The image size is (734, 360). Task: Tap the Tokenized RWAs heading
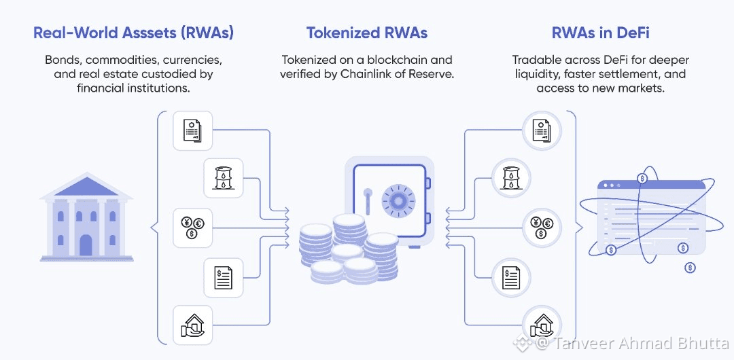(x=366, y=33)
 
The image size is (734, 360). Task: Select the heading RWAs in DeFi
(x=600, y=33)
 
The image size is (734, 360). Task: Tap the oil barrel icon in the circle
(x=510, y=178)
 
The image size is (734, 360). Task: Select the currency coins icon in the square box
(x=193, y=227)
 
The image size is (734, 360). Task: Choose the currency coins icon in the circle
(x=541, y=226)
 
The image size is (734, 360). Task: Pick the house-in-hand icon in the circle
(x=541, y=324)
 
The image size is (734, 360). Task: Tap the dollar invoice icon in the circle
(x=511, y=276)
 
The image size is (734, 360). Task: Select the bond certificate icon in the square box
(x=193, y=129)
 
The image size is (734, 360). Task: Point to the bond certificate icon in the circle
(x=541, y=129)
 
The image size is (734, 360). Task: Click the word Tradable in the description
(x=536, y=60)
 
